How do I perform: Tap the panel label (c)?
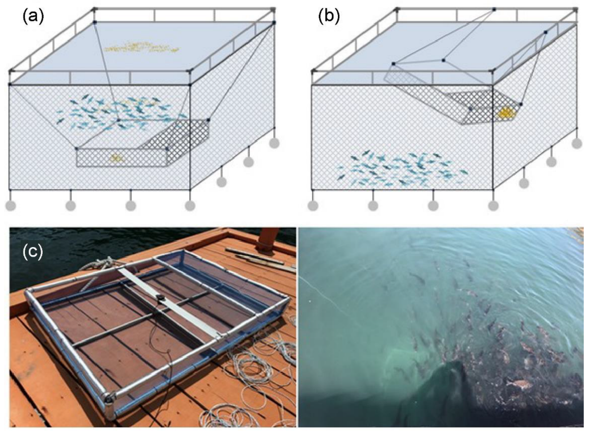pos(33,252)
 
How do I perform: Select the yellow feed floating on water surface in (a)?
pos(141,48)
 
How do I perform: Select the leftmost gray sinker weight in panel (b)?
pos(313,206)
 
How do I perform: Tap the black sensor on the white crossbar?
pos(161,298)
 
